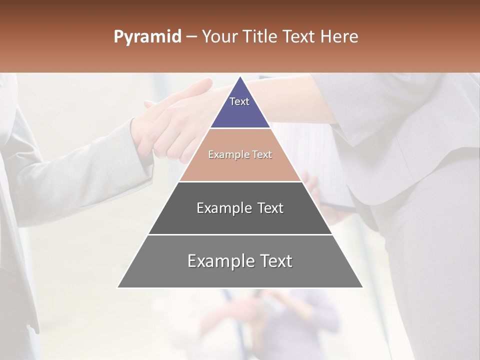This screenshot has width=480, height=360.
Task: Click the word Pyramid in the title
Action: pos(147,37)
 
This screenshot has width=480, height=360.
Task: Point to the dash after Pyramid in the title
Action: pos(191,37)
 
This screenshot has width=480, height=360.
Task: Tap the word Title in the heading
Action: pos(261,37)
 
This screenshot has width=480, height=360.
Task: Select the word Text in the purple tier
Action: pos(239,101)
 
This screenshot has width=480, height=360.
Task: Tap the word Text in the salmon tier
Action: pos(262,155)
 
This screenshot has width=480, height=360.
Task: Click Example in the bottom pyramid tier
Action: pos(219,261)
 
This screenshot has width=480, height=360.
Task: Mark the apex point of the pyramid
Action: pos(240,76)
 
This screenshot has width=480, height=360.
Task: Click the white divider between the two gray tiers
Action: pos(240,234)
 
